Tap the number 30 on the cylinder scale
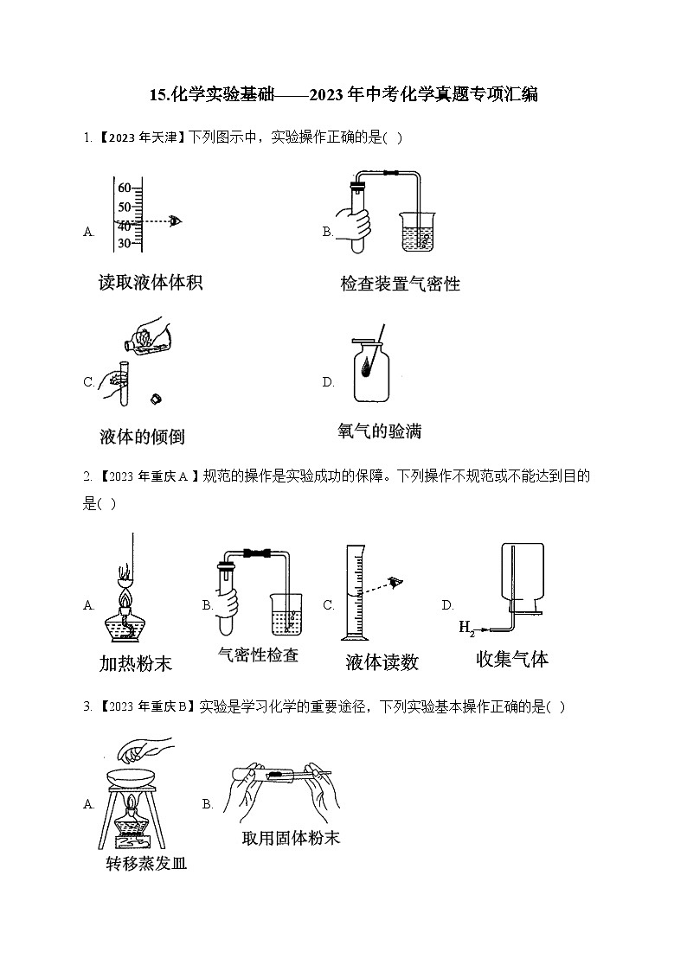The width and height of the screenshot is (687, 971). (x=124, y=244)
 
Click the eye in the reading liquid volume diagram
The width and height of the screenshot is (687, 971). (x=177, y=220)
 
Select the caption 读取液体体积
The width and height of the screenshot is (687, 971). (x=151, y=282)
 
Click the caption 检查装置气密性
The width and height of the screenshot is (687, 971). (x=400, y=284)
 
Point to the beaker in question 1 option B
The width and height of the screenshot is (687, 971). (x=418, y=232)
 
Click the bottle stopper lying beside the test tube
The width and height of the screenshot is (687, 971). (x=157, y=399)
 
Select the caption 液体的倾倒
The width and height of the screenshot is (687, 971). (x=142, y=436)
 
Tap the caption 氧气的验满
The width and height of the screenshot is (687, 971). (x=379, y=431)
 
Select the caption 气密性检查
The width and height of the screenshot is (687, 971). (x=258, y=655)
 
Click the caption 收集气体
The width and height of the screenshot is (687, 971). (x=512, y=659)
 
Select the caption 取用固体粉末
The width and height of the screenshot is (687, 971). (x=291, y=837)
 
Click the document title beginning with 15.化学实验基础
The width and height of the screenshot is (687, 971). (x=343, y=95)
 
